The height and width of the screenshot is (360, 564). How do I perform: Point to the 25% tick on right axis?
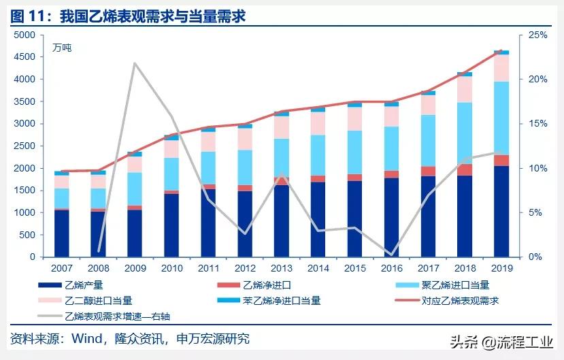(537, 35)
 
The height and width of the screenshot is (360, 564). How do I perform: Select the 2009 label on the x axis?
(135, 268)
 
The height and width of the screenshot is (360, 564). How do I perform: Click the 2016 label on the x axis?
(392, 268)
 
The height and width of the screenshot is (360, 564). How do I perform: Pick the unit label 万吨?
(62, 48)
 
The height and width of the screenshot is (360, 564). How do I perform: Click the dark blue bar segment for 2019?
(501, 211)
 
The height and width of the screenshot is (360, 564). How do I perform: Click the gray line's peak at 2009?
(135, 63)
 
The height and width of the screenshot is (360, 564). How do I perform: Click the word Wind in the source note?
(87, 338)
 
